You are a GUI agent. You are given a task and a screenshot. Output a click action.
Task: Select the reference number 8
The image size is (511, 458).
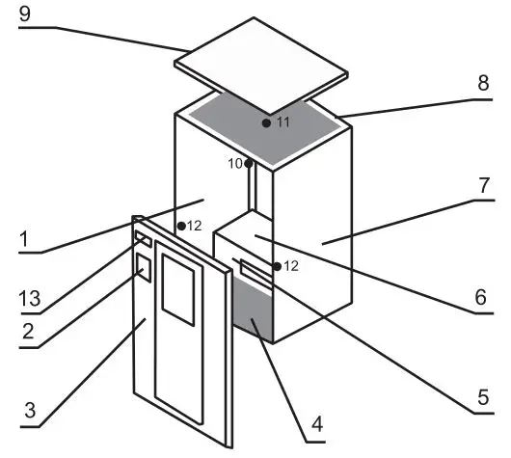tap(483, 84)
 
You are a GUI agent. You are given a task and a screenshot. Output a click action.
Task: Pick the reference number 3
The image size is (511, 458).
tap(29, 410)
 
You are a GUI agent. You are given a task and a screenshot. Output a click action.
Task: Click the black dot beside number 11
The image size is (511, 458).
tap(265, 123)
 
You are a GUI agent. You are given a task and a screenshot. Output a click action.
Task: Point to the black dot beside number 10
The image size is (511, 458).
tap(248, 164)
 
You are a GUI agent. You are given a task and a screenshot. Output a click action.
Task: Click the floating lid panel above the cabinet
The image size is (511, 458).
tap(260, 67)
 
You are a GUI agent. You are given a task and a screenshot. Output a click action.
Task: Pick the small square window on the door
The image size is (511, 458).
tap(144, 267)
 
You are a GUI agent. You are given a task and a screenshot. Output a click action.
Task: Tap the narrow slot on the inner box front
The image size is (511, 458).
tap(256, 273)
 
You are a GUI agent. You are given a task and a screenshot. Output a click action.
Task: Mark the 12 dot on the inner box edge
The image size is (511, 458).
tap(277, 265)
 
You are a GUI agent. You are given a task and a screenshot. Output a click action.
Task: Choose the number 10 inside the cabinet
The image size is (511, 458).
tap(234, 164)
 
